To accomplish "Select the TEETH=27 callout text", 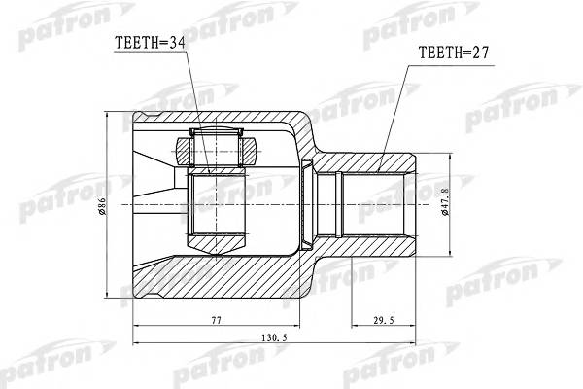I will [453, 54].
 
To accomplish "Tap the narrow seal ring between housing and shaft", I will [310, 205].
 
